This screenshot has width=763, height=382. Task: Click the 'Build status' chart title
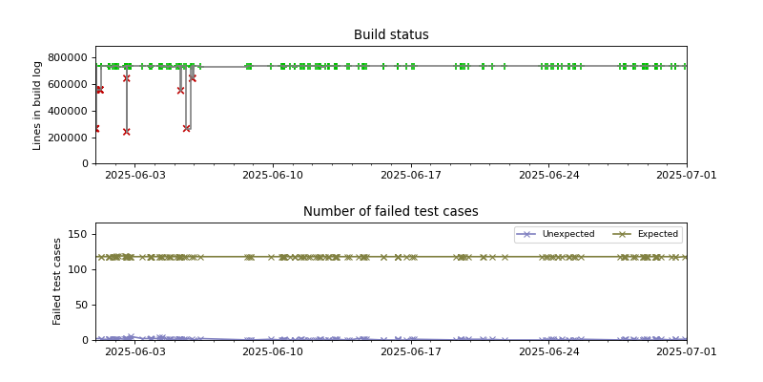pyautogui.click(x=391, y=35)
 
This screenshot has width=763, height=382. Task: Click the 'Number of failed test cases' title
pyautogui.click(x=391, y=212)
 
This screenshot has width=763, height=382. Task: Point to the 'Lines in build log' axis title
pyautogui.click(x=38, y=105)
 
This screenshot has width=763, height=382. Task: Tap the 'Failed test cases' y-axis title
pyautogui.click(x=57, y=281)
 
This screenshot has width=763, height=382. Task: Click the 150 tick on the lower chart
pyautogui.click(x=79, y=234)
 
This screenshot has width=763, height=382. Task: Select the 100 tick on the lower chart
pyautogui.click(x=79, y=269)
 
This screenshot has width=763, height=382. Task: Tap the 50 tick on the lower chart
pyautogui.click(x=82, y=305)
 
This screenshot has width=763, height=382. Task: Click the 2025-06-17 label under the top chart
pyautogui.click(x=411, y=176)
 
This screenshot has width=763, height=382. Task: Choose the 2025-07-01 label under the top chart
pyautogui.click(x=687, y=176)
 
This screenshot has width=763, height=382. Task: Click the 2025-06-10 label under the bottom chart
pyautogui.click(x=273, y=352)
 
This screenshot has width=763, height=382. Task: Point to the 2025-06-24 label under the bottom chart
pyautogui.click(x=549, y=352)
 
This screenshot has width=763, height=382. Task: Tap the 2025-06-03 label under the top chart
pyautogui.click(x=134, y=176)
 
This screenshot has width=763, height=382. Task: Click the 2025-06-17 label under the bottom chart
pyautogui.click(x=411, y=352)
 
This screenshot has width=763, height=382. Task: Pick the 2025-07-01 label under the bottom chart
pyautogui.click(x=687, y=352)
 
